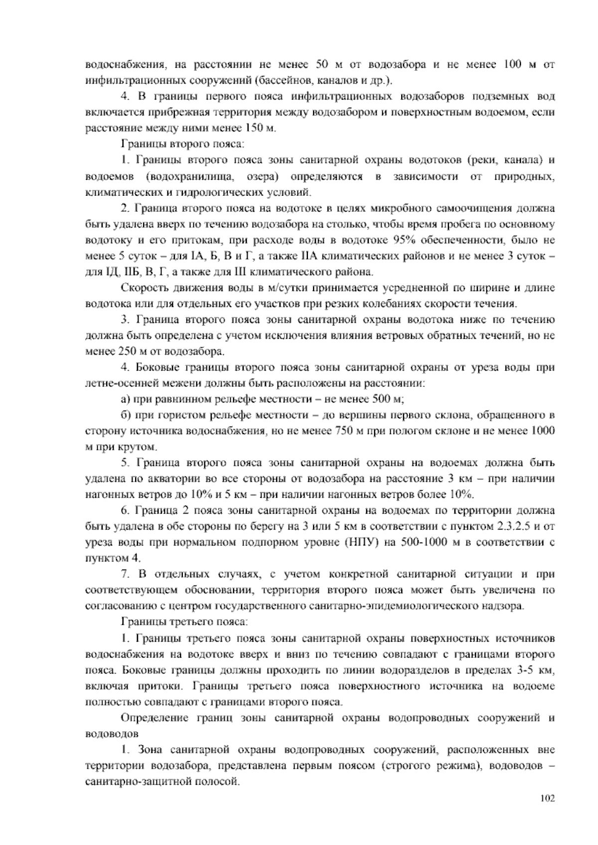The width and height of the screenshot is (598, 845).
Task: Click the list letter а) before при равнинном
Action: (126, 399)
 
